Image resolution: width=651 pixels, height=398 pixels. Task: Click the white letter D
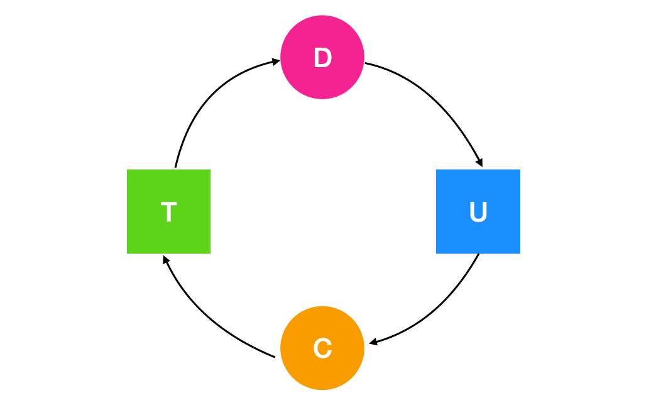[x=322, y=58]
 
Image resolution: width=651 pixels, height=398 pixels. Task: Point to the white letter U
[x=478, y=212]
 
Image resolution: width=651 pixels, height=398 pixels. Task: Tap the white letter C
[x=322, y=348]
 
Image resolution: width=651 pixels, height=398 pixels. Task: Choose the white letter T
[x=168, y=213]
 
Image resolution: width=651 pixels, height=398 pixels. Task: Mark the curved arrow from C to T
[x=207, y=317]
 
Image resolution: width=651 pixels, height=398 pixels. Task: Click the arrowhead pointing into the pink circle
[x=276, y=61]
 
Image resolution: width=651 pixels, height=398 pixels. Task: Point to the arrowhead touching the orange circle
[x=373, y=343]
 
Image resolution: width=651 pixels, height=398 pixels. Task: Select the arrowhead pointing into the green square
[x=165, y=258]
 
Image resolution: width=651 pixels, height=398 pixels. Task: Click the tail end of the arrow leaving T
[x=175, y=167]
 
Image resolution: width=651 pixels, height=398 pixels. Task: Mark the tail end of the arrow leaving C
[x=275, y=357]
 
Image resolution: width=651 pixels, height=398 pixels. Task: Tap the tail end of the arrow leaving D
[x=366, y=63]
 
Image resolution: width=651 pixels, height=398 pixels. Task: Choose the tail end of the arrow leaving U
[x=479, y=254]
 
